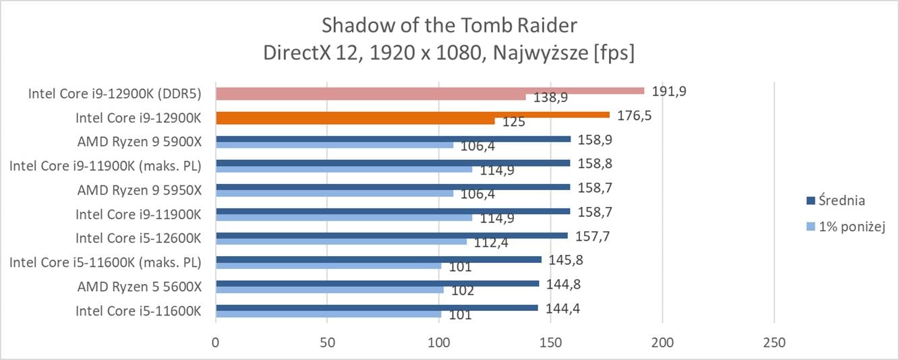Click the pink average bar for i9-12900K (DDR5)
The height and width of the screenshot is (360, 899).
(430, 90)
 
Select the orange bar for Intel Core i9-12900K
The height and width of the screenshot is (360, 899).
(412, 115)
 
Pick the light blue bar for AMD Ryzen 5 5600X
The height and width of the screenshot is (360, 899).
(329, 290)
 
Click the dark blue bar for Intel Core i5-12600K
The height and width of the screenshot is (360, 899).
(392, 236)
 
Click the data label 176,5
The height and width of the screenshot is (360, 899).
(633, 115)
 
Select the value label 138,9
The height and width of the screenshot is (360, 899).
(551, 98)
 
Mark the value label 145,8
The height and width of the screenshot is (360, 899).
(562, 260)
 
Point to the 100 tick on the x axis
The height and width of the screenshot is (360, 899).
(439, 342)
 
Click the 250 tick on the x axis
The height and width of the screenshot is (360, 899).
(774, 342)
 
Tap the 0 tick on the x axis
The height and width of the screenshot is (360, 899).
(216, 342)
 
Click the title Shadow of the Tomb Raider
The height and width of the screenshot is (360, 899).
(449, 26)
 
